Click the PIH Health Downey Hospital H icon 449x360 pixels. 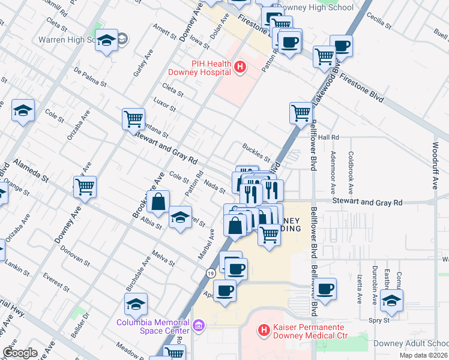[240, 67]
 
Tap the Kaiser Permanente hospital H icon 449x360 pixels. [262, 329]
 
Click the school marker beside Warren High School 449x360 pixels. [106, 41]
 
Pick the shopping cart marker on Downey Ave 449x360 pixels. [85, 187]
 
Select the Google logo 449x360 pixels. [20, 353]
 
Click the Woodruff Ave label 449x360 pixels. [436, 165]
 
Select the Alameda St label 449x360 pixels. [31, 170]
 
